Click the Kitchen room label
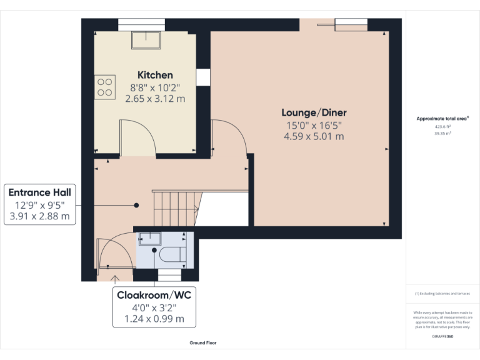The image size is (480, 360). pyautogui.click(x=155, y=75)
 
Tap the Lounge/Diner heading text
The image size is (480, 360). pyautogui.click(x=314, y=112)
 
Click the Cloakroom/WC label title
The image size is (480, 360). pyautogui.click(x=154, y=294)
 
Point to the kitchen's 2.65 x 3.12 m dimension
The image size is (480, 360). pyautogui.click(x=155, y=99)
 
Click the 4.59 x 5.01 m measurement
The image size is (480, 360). pyautogui.click(x=314, y=136)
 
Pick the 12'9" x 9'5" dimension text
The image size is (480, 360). pyautogui.click(x=40, y=205)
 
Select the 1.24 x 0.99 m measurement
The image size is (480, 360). pyautogui.click(x=154, y=319)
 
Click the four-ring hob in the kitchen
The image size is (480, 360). pyautogui.click(x=104, y=86)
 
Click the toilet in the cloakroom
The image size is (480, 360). pyautogui.click(x=172, y=255)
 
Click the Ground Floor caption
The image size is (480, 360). pyautogui.click(x=203, y=343)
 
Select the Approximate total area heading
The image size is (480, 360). pyautogui.click(x=442, y=119)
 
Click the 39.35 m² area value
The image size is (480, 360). pyautogui.click(x=442, y=132)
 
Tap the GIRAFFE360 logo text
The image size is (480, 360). pyautogui.click(x=442, y=336)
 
